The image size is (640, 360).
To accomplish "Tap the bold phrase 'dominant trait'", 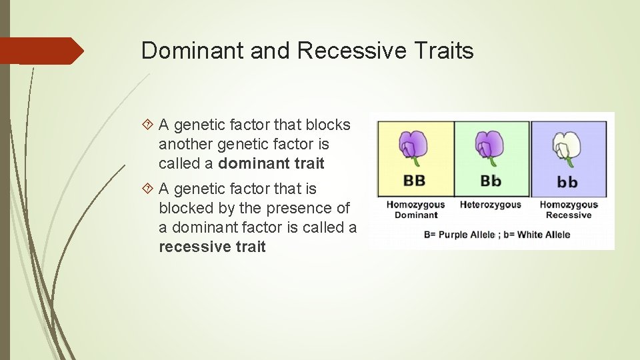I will [x=271, y=163].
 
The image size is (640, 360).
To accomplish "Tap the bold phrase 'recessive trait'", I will [x=212, y=247].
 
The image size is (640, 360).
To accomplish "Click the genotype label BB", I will [x=415, y=181].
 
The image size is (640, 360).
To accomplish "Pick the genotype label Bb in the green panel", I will [x=491, y=181].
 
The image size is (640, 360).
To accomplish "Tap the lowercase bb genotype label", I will [x=567, y=182].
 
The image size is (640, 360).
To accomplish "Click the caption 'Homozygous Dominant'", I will [x=415, y=209].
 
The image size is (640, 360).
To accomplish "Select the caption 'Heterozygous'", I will [x=491, y=205].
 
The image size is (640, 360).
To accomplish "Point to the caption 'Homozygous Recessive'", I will [x=568, y=209].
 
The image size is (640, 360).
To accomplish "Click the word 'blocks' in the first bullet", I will [x=328, y=125].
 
